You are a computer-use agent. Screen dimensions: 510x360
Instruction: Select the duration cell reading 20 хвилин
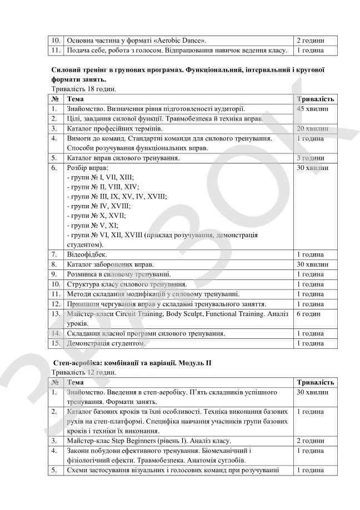(x=313, y=129)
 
